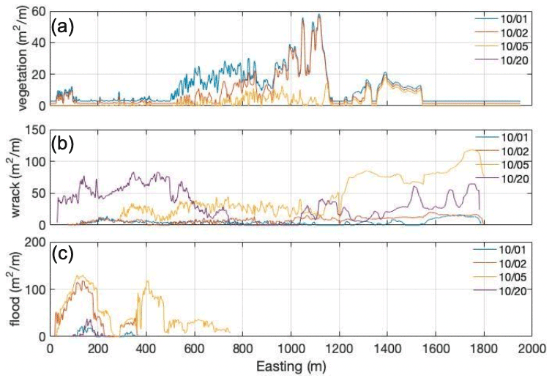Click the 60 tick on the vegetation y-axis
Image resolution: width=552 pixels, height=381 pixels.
[x=39, y=11]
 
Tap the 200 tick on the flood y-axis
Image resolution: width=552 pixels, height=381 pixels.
[x=36, y=242]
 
